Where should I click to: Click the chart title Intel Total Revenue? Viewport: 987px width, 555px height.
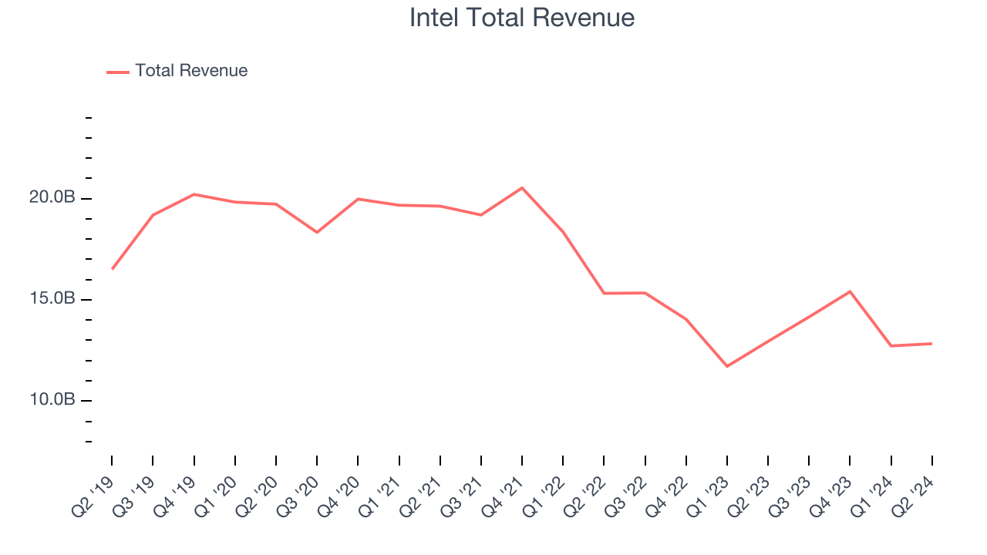coord(522,18)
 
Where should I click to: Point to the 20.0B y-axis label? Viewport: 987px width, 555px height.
coord(52,198)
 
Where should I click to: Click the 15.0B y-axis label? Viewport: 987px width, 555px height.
coord(52,299)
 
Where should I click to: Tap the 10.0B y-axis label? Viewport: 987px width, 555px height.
coord(52,400)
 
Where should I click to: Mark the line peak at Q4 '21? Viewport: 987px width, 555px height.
coord(522,188)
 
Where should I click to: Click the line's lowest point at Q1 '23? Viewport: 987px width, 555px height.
coord(727,366)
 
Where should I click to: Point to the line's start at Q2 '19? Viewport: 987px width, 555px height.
coord(113,269)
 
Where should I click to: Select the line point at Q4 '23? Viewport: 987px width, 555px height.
coord(850,291)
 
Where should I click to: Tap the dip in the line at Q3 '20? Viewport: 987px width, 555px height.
coord(317,232)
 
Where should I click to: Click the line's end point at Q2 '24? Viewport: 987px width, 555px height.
coord(931,344)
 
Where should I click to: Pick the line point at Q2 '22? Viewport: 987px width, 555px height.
coord(604,293)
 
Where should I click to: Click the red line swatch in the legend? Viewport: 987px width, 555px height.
coord(118,72)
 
